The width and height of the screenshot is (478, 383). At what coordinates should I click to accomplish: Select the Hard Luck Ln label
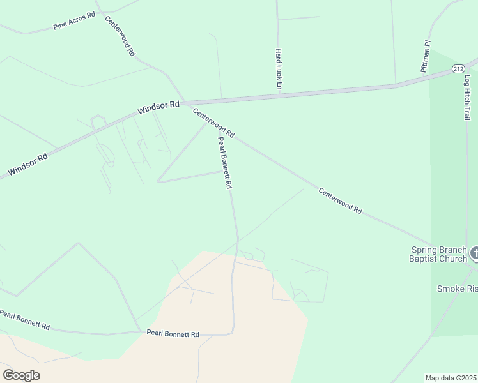click(279, 68)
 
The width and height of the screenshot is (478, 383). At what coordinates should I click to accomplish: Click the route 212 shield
click(458, 68)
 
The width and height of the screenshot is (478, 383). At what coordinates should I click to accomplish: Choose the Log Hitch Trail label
click(466, 96)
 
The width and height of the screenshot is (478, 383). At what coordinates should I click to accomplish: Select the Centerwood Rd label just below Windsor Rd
click(214, 123)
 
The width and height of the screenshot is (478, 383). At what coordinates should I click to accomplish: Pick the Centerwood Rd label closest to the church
click(340, 200)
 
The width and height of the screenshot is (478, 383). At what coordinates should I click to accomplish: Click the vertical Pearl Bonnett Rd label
click(224, 163)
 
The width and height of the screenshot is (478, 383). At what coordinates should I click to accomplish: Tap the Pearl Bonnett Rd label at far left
click(24, 319)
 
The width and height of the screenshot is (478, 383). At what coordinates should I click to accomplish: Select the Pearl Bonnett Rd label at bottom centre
click(173, 334)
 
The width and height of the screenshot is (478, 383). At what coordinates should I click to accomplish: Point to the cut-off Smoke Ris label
click(457, 289)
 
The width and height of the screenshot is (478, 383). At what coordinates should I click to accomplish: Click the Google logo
click(21, 375)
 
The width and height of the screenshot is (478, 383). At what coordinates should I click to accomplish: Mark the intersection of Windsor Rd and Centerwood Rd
click(184, 102)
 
